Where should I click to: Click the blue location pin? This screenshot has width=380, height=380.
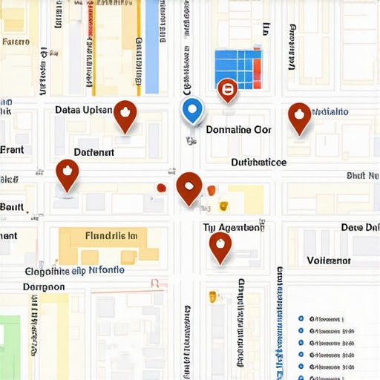[x=192, y=111]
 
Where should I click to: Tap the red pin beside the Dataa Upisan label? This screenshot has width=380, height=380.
[x=125, y=115]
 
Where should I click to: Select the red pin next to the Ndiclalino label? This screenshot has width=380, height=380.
[x=299, y=117]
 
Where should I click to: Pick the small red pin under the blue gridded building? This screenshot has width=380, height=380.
[x=227, y=91]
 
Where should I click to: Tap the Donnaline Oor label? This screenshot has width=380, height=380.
[x=238, y=129]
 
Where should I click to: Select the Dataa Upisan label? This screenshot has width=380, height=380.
[x=84, y=110]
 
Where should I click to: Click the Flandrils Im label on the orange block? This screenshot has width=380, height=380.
[x=111, y=236]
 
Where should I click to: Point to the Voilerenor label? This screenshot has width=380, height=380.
[x=329, y=261]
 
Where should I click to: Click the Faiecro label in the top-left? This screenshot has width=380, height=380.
[x=16, y=42]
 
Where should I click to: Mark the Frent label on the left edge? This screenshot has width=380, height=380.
[x=12, y=149]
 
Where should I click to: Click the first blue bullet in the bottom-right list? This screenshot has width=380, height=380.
[x=301, y=318]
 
